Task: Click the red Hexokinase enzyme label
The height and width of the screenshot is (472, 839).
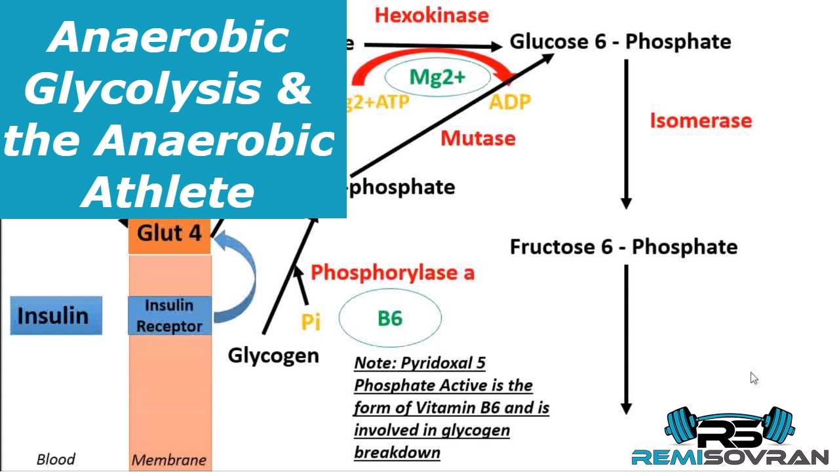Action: (x=431, y=15)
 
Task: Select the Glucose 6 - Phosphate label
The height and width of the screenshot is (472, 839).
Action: (x=620, y=42)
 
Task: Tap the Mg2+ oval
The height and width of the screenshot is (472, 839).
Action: (x=437, y=77)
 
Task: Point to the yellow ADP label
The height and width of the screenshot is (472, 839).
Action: (x=509, y=102)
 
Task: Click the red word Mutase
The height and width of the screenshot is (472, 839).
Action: (x=478, y=138)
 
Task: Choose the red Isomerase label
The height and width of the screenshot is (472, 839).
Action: (x=700, y=121)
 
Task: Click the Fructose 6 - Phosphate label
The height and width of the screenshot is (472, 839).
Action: (x=623, y=247)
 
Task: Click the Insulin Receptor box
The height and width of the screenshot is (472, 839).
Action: (x=169, y=315)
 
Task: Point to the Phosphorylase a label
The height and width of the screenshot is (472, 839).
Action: (x=392, y=273)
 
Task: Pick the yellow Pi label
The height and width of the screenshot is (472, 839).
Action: (x=311, y=321)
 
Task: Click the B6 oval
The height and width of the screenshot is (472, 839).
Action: (x=390, y=319)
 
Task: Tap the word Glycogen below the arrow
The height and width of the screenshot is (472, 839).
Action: (x=273, y=355)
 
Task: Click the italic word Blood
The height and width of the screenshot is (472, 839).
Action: (x=56, y=459)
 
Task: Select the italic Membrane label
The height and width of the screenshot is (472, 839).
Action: (x=168, y=460)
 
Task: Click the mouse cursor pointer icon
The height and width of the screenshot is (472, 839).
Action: (x=754, y=378)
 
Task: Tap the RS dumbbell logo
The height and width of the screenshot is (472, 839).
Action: (x=729, y=432)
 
